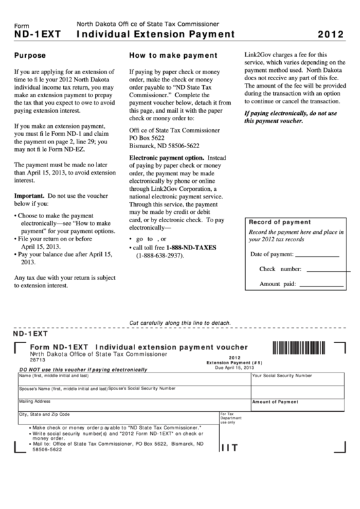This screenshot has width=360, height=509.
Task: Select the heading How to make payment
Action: (x=173, y=55)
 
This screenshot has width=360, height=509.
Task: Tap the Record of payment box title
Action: (x=280, y=222)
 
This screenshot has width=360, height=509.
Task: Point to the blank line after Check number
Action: (x=323, y=269)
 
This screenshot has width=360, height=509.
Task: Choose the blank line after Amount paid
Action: (x=323, y=283)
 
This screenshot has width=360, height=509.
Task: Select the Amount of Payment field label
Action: (x=276, y=402)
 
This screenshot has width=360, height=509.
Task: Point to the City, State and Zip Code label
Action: (x=44, y=414)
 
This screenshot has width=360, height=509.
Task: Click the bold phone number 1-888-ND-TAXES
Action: (x=188, y=247)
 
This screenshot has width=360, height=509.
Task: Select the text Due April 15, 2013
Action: (x=234, y=367)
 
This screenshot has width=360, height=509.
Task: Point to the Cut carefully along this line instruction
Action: (x=180, y=322)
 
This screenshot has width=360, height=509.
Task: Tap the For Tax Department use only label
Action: (x=227, y=418)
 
